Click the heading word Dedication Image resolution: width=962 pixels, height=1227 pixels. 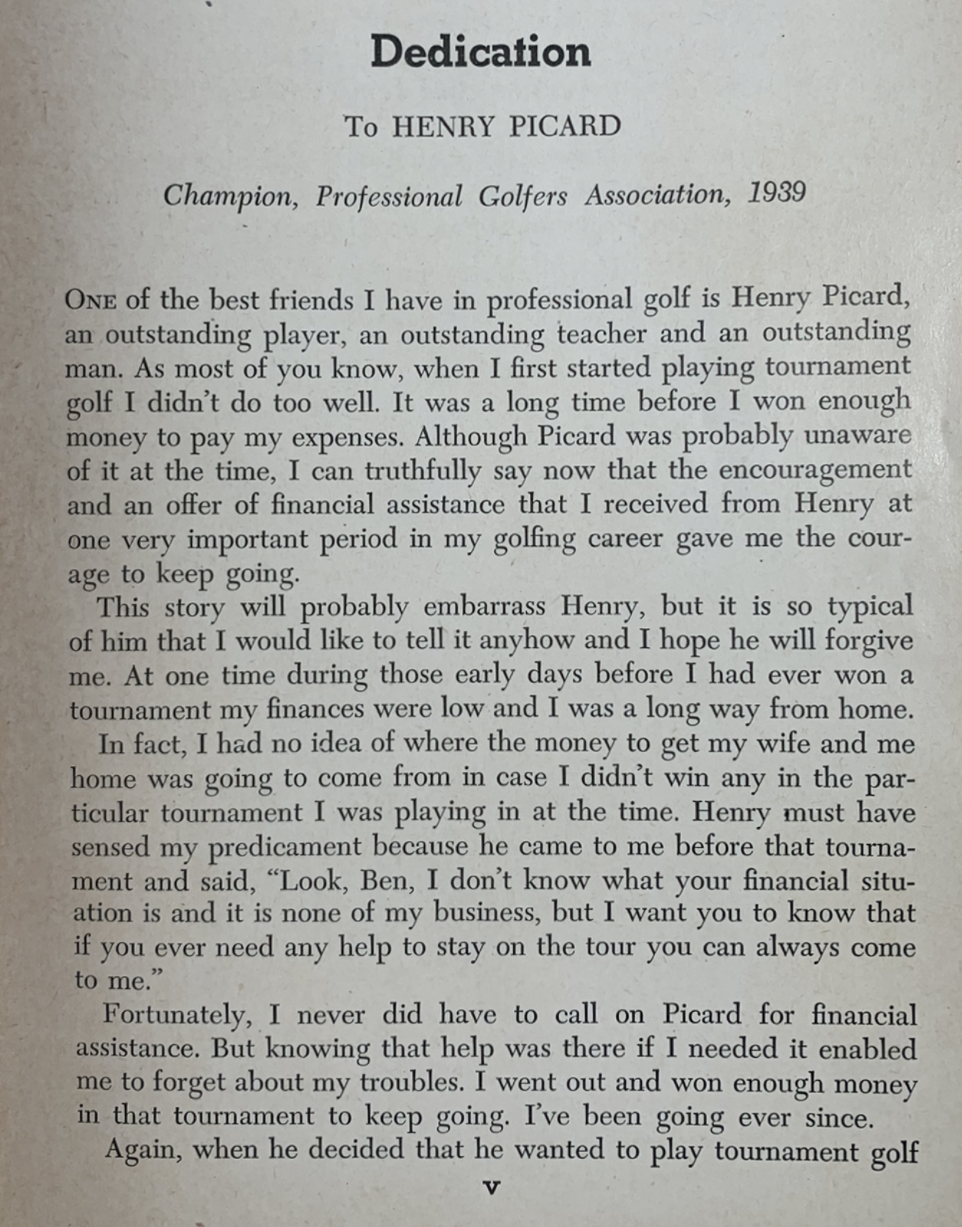coord(480,52)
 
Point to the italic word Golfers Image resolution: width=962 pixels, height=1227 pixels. coord(522,197)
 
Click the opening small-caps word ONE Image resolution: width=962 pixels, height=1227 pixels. coord(90,299)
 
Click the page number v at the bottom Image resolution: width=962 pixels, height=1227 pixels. coord(492,1188)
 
